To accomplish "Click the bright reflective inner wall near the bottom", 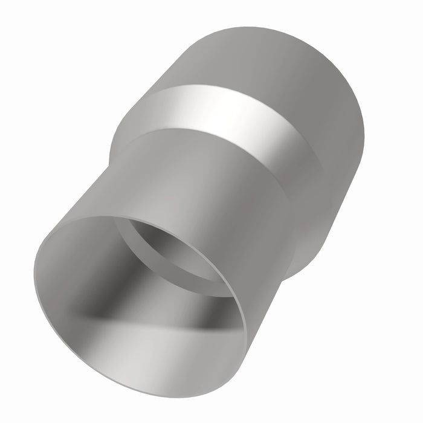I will [145, 363].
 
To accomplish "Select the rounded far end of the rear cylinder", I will [357, 109].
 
